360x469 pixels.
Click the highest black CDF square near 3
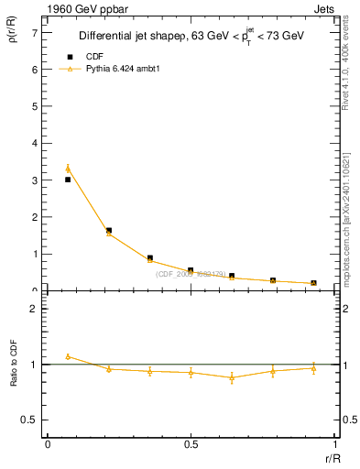coord(68,180)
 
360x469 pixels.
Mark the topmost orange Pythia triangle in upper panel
coord(68,169)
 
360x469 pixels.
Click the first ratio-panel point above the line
coord(68,356)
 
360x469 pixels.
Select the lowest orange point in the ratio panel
coord(232,377)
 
